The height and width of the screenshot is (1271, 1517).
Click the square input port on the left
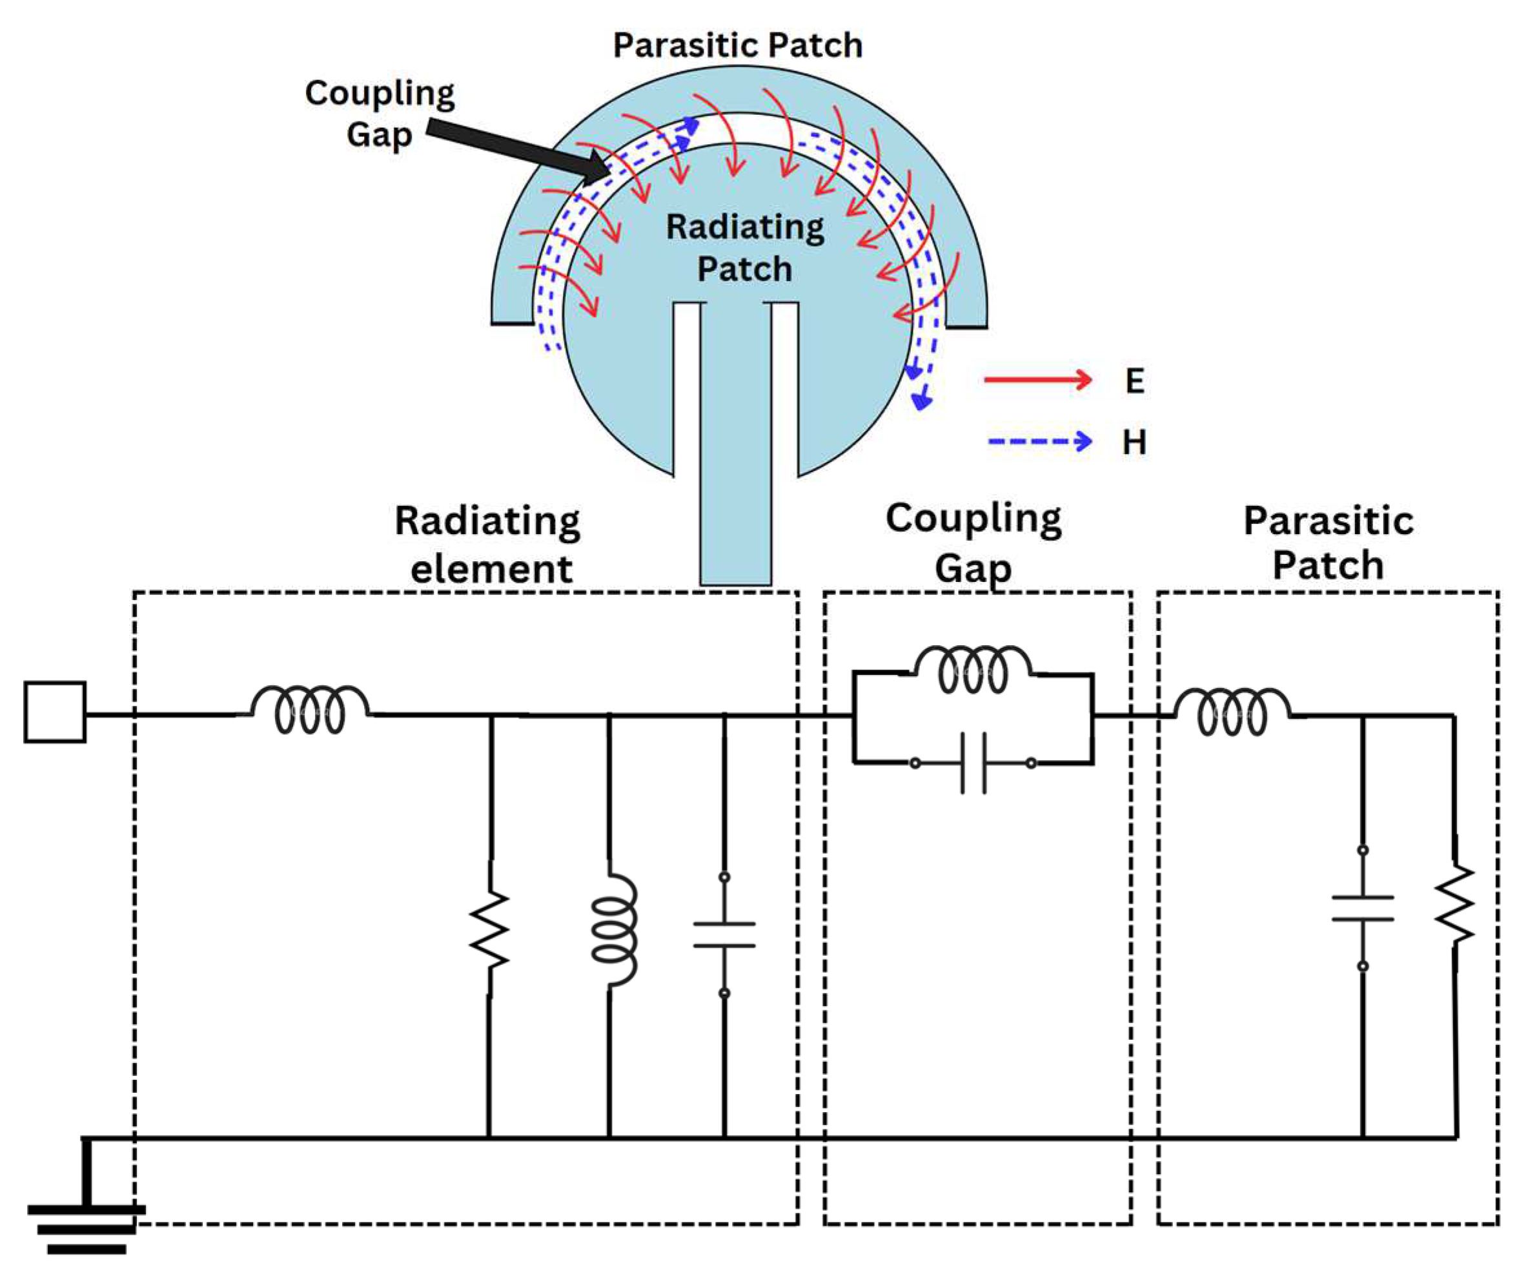click(55, 712)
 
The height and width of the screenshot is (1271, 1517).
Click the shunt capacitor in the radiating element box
click(724, 935)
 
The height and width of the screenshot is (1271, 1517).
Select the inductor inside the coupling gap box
click(973, 669)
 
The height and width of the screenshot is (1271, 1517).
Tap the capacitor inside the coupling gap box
click(973, 763)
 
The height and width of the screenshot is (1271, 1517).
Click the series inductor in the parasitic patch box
click(1232, 712)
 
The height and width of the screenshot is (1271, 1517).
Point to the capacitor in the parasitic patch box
click(1363, 908)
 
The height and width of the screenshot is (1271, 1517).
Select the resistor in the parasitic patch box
click(1454, 904)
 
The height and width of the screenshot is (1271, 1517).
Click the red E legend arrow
click(1037, 379)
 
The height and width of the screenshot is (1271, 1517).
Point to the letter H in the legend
click(1134, 442)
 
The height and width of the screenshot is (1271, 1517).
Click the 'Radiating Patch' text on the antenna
click(744, 248)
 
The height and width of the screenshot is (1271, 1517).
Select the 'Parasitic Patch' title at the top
click(738, 45)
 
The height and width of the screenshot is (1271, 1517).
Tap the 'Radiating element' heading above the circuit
click(488, 543)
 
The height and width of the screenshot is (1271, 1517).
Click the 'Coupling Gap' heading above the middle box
click(973, 541)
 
